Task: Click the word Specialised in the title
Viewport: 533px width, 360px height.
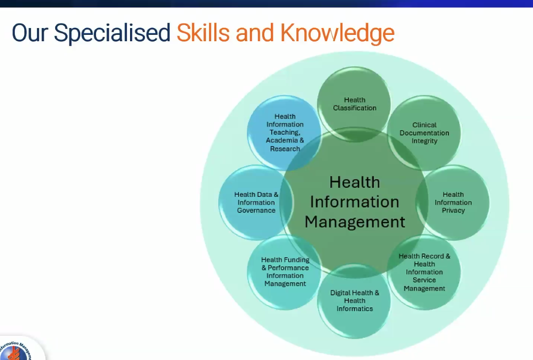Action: (x=112, y=33)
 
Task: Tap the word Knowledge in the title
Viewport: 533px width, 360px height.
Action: (x=337, y=33)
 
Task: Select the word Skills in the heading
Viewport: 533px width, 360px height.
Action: (x=203, y=33)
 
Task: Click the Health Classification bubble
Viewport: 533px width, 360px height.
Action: (x=354, y=104)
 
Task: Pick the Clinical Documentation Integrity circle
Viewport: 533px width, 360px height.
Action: (x=424, y=133)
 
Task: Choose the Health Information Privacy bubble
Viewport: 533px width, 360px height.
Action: (x=453, y=202)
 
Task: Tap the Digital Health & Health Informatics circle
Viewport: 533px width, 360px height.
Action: (x=354, y=300)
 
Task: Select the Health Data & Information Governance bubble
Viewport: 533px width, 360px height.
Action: (x=256, y=202)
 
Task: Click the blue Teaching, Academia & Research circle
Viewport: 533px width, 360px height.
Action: (x=285, y=133)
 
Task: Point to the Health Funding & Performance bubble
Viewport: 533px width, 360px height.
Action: (x=285, y=272)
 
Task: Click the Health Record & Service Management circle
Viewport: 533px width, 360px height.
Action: (x=424, y=272)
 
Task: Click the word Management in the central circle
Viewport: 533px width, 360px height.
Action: (x=355, y=222)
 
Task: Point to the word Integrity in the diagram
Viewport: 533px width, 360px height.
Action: (x=425, y=141)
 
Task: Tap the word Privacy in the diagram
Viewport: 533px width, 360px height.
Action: (x=453, y=210)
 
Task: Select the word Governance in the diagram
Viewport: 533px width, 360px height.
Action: (x=256, y=210)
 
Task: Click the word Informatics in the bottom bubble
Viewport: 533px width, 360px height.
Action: (x=354, y=309)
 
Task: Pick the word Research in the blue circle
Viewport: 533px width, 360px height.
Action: (x=285, y=149)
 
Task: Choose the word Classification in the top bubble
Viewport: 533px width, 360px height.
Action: (x=354, y=108)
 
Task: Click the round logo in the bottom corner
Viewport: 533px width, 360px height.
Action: (x=15, y=351)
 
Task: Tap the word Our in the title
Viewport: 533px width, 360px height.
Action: (x=30, y=33)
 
